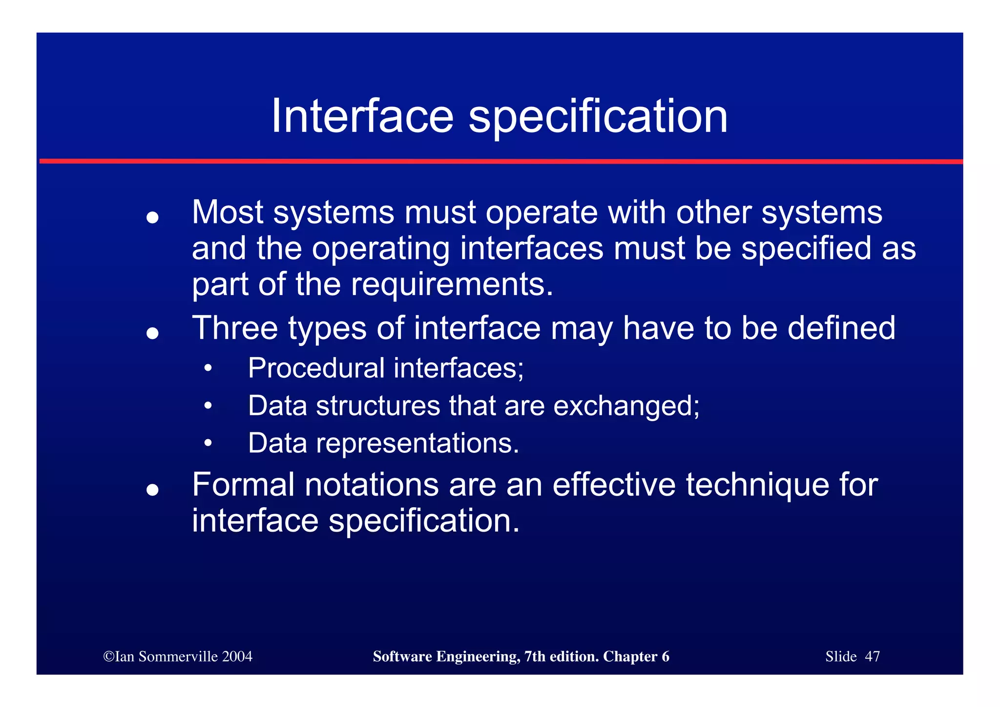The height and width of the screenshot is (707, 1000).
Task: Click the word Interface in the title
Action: click(362, 116)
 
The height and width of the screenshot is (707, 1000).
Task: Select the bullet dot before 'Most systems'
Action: click(153, 217)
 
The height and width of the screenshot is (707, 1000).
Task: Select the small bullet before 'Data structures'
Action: click(208, 406)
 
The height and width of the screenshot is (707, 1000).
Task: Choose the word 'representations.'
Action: click(417, 443)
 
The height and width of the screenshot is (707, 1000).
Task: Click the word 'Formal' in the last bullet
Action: click(243, 485)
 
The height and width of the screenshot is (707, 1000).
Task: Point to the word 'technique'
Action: click(757, 485)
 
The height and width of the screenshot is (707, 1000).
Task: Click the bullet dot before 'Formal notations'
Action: click(153, 489)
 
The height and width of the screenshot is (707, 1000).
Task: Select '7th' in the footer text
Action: click(534, 657)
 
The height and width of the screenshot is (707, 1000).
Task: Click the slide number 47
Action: click(872, 657)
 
